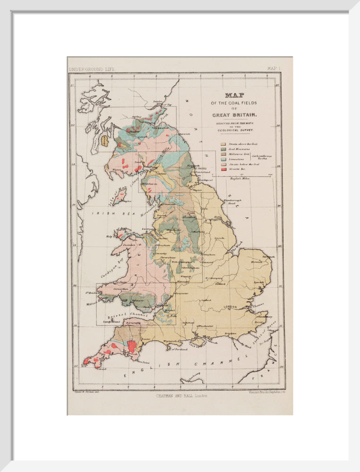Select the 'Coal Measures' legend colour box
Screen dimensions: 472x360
pos(223,149)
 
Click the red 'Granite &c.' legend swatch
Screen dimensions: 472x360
pos(223,169)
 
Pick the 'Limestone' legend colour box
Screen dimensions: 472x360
pos(223,159)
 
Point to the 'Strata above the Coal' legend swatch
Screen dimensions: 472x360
pos(223,144)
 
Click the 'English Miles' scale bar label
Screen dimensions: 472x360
pos(239,178)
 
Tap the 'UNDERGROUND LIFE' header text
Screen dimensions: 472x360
pos(92,69)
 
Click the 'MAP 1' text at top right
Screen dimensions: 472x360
pos(274,69)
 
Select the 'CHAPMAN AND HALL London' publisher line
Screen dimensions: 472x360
pos(181,396)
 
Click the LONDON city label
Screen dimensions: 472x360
pos(230,307)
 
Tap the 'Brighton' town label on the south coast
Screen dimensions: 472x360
pos(231,334)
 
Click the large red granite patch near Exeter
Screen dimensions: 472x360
pos(132,346)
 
